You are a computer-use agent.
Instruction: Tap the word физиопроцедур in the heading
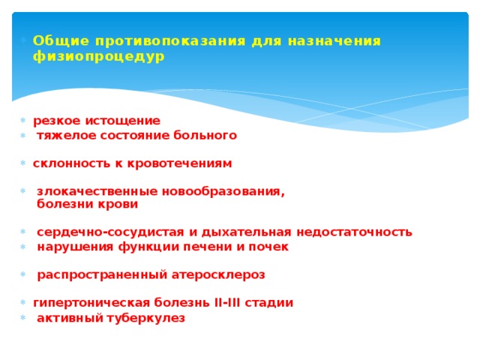tap(98, 56)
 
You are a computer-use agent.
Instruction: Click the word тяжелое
tap(61, 136)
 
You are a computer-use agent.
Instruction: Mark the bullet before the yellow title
tap(24, 41)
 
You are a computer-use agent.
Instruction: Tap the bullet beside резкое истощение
tap(24, 121)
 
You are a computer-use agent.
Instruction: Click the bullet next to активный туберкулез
tap(24, 319)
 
